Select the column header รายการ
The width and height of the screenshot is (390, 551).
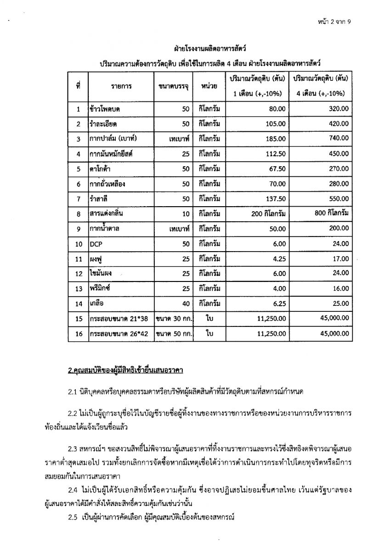(x=121, y=86)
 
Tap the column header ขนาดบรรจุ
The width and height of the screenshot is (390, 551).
(x=173, y=86)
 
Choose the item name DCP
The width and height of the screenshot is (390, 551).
(x=96, y=245)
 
